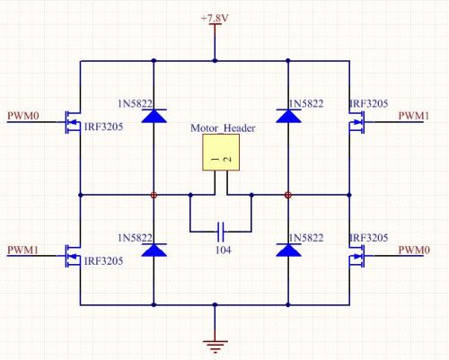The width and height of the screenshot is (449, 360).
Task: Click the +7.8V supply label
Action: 215,19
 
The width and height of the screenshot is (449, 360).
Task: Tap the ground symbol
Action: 215,347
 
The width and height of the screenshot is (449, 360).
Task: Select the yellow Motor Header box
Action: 221,153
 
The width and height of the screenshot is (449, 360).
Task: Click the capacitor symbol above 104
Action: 221,232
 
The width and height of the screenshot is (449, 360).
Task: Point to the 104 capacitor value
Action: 224,250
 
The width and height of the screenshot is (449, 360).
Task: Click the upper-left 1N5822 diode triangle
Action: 154,116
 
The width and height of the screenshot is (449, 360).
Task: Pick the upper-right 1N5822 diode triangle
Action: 288,116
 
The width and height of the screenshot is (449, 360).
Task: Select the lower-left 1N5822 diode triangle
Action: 154,250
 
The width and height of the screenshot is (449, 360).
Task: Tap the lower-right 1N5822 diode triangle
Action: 288,250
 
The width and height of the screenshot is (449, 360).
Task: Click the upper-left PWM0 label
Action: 23,116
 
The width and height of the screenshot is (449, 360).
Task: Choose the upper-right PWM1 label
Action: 414,116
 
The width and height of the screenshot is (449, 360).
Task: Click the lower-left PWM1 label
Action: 23,250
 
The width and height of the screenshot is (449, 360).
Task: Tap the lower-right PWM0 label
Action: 414,250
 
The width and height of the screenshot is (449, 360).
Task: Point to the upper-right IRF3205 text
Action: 369,103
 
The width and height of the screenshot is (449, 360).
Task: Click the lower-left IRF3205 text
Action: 103,261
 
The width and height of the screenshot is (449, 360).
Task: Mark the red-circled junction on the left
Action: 154,195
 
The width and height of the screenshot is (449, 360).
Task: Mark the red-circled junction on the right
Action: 288,195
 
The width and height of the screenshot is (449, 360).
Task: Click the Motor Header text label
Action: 223,128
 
